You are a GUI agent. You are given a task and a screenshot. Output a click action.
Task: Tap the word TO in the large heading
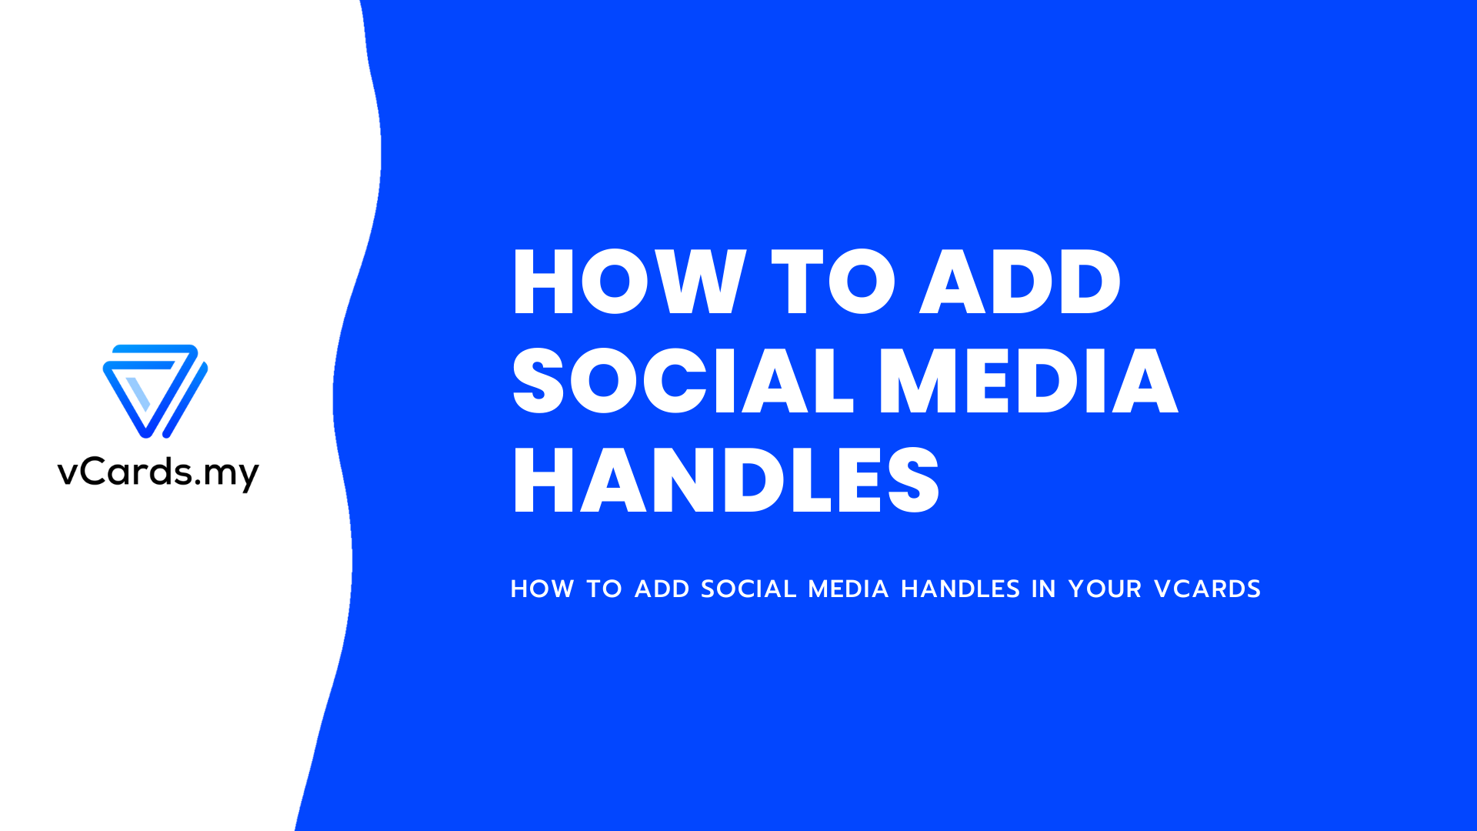[834, 282]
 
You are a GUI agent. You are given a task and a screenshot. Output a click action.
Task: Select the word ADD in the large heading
[1021, 282]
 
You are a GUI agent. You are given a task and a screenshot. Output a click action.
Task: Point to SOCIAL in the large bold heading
[684, 380]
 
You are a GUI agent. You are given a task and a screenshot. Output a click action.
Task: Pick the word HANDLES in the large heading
[726, 480]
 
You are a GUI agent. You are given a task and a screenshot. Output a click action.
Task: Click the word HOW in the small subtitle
[542, 589]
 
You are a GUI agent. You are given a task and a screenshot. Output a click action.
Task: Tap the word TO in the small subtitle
[604, 589]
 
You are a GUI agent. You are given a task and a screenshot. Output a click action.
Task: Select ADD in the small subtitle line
[662, 589]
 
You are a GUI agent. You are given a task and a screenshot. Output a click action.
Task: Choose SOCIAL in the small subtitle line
[748, 589]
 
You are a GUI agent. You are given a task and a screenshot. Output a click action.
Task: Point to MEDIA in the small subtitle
[848, 589]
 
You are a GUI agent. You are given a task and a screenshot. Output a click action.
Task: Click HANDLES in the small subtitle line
[960, 589]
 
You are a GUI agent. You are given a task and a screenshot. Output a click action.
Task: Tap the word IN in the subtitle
[1043, 589]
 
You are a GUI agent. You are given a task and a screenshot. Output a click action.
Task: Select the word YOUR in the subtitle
[1105, 589]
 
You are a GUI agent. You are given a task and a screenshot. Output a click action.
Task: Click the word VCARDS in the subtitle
[1207, 589]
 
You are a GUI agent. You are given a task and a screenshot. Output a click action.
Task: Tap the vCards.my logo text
[158, 472]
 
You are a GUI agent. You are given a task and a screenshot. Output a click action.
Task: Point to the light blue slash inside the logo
[138, 394]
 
